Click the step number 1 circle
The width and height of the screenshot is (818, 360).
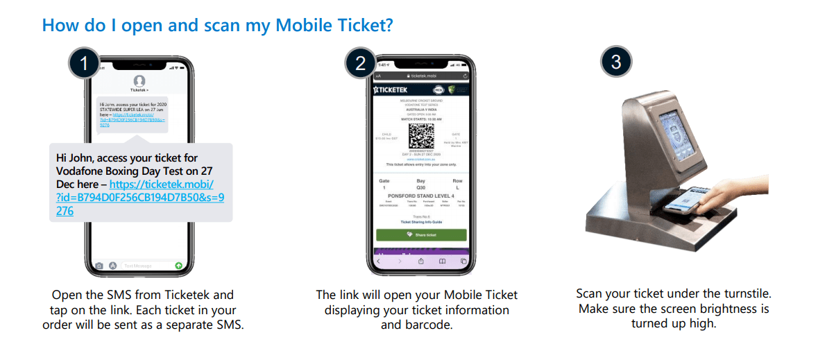pyautogui.click(x=85, y=63)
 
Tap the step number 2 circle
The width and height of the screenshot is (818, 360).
pyautogui.click(x=361, y=63)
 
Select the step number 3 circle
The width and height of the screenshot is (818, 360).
pyautogui.click(x=616, y=62)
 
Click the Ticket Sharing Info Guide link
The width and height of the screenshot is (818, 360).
pyautogui.click(x=421, y=222)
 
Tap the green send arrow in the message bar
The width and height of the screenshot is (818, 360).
pyautogui.click(x=178, y=265)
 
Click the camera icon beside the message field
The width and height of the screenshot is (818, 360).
pyautogui.click(x=100, y=266)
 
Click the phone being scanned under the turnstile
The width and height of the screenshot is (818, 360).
pyautogui.click(x=683, y=203)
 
